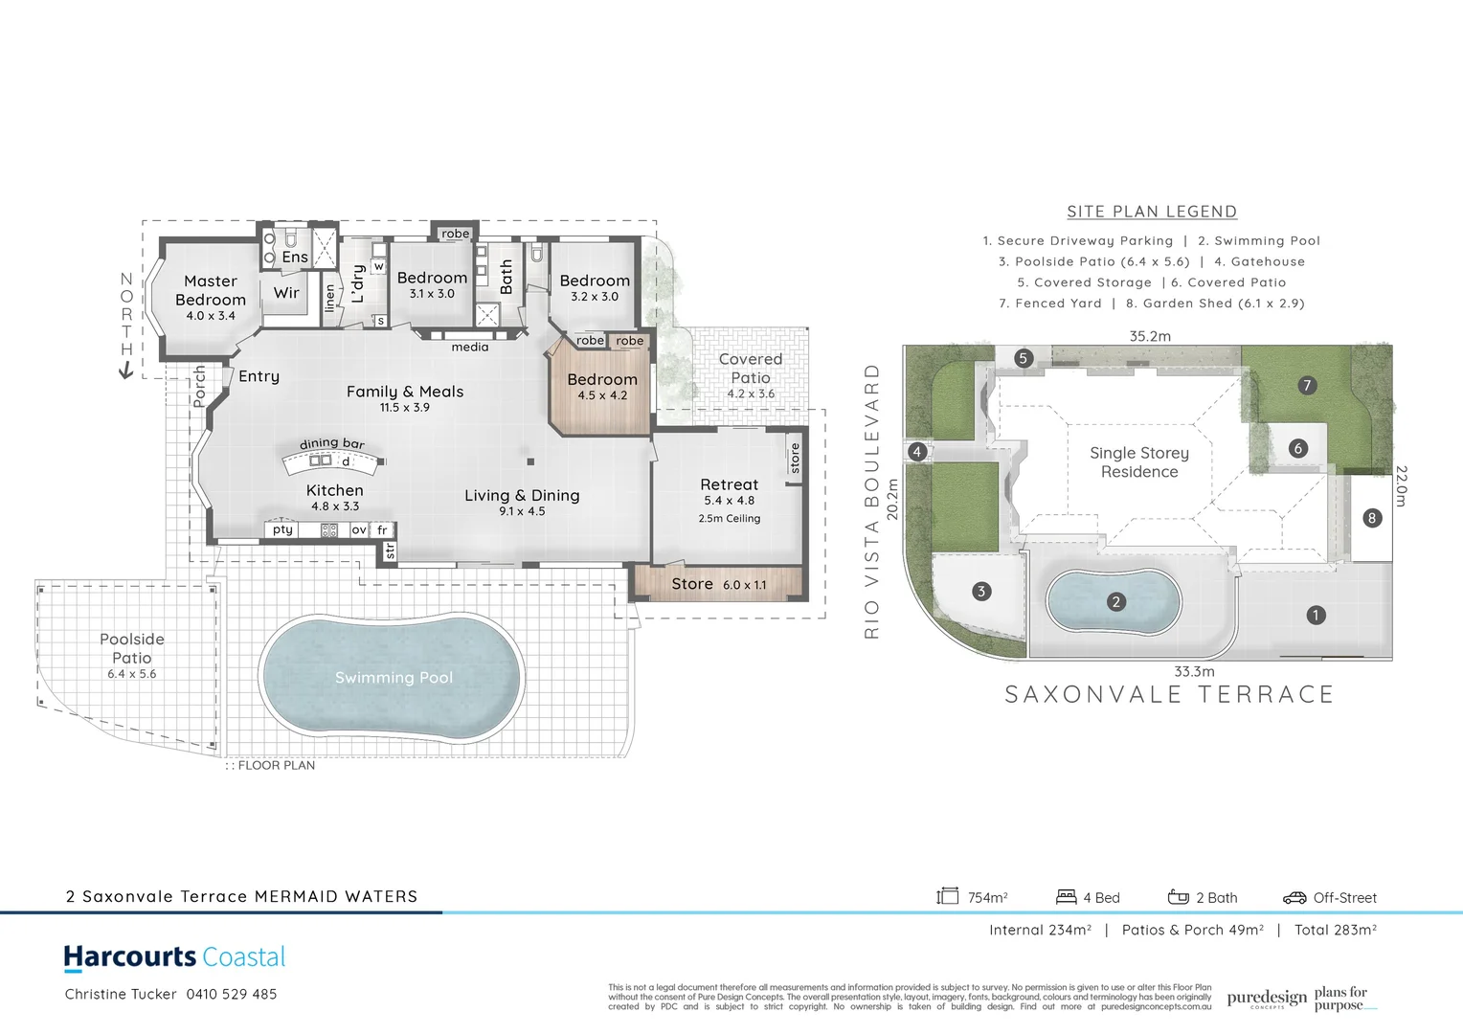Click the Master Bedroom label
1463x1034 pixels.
point(211,290)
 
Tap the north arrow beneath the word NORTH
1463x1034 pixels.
point(125,371)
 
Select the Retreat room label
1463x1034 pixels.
point(729,485)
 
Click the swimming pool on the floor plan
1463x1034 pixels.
point(393,678)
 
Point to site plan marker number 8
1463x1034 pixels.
point(1371,518)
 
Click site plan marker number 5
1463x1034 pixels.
point(1023,358)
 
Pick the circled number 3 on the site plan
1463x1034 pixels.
point(980,591)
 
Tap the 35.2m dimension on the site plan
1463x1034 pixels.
point(1149,336)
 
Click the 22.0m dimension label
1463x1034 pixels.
point(1401,486)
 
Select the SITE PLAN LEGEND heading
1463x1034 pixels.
point(1152,212)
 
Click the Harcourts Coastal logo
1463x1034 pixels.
point(174,957)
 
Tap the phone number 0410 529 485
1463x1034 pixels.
point(232,994)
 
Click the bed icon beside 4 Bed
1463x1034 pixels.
point(1066,897)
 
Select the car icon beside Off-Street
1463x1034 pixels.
point(1294,897)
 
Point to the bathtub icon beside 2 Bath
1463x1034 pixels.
point(1178,897)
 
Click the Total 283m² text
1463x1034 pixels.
point(1335,930)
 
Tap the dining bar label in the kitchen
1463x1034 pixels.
point(331,443)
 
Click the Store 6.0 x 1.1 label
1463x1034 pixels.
point(718,584)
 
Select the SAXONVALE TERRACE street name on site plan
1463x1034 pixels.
point(1168,694)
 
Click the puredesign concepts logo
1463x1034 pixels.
point(1266,999)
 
